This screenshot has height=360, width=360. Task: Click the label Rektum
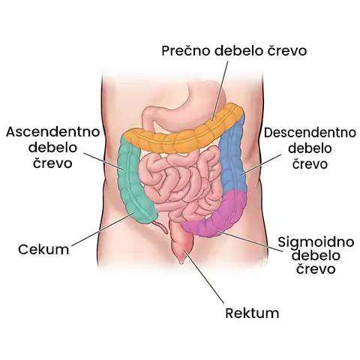[252, 313]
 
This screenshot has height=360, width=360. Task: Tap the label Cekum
[43, 249]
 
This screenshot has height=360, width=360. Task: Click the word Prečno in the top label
[186, 51]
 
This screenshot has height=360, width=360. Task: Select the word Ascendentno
[52, 132]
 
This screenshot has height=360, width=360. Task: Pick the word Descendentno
[310, 133]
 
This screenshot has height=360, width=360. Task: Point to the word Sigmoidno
[316, 242]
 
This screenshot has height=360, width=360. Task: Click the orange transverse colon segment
[184, 135]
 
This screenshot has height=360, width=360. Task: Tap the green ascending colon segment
[135, 180]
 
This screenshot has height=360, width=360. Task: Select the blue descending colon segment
[232, 160]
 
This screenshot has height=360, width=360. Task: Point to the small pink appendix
[161, 226]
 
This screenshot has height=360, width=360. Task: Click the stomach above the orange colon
[190, 105]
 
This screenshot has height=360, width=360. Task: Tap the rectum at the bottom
[182, 241]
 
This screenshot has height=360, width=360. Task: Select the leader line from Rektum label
[204, 276]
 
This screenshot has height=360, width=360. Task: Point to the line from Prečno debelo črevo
[220, 91]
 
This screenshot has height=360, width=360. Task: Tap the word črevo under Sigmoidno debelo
[316, 269]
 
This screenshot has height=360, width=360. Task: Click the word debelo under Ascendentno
[52, 148]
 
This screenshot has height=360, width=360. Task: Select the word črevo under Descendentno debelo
[310, 163]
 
